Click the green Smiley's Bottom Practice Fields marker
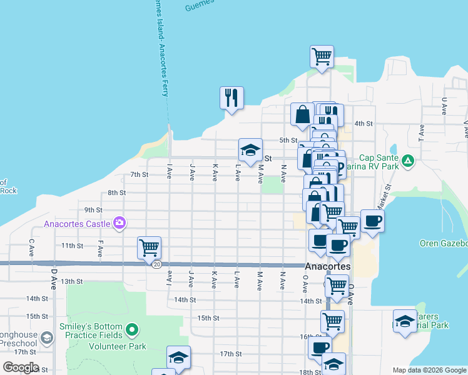(x=131, y=329)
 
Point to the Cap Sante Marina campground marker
(x=408, y=161)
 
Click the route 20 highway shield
(x=155, y=264)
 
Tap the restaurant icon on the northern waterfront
(x=231, y=98)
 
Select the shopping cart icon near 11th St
(x=150, y=247)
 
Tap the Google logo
(x=21, y=367)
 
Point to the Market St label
(x=382, y=196)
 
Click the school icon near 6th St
(x=250, y=151)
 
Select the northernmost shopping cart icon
(x=322, y=56)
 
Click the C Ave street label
(x=31, y=248)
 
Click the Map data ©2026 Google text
(x=429, y=370)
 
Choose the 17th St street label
(x=230, y=354)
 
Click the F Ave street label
(x=100, y=248)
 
